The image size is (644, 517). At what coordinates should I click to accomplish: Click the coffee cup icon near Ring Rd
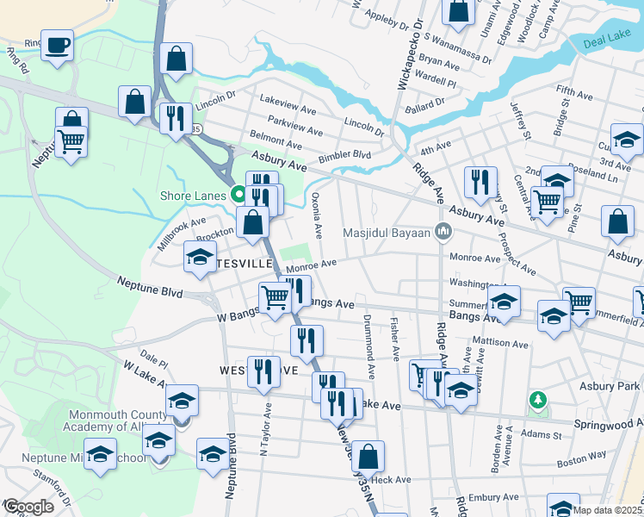click(58, 44)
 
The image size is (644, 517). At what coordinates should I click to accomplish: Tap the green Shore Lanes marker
click(238, 194)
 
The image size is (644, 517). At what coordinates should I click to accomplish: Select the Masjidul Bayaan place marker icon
click(444, 231)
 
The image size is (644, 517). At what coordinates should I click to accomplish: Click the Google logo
click(28, 507)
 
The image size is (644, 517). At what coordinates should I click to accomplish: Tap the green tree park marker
click(538, 400)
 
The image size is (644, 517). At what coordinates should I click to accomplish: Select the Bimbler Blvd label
click(344, 156)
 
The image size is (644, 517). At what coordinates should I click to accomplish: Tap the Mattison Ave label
click(499, 343)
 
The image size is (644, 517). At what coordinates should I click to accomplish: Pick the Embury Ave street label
click(492, 496)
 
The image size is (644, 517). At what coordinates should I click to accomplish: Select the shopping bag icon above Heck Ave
click(368, 456)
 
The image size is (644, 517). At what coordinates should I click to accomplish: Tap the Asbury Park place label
click(610, 384)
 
